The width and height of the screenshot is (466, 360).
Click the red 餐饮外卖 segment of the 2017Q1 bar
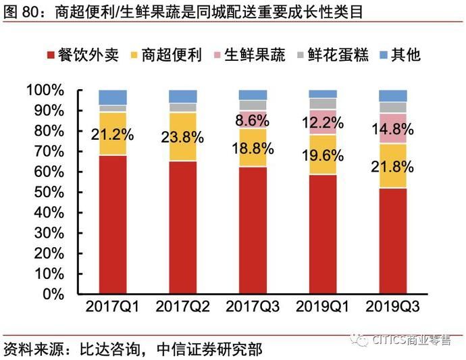pyautogui.click(x=112, y=224)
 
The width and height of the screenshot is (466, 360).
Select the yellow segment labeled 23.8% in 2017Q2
pyautogui.click(x=182, y=137)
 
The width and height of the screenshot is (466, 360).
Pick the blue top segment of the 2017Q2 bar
pyautogui.click(x=182, y=96)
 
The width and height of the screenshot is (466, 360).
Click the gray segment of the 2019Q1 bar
pyautogui.click(x=323, y=103)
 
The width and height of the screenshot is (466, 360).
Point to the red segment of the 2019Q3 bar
pyautogui.click(x=392, y=240)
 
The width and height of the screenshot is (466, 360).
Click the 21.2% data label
pyautogui.click(x=112, y=134)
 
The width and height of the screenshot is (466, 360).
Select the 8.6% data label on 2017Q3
pyautogui.click(x=253, y=120)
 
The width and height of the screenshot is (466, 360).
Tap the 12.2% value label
pyautogui.click(x=323, y=123)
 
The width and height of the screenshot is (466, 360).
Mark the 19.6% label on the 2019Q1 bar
pyautogui.click(x=323, y=155)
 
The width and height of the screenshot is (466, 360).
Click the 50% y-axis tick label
pyautogui.click(x=48, y=192)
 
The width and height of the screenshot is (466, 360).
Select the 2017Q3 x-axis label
pyautogui.click(x=253, y=306)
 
